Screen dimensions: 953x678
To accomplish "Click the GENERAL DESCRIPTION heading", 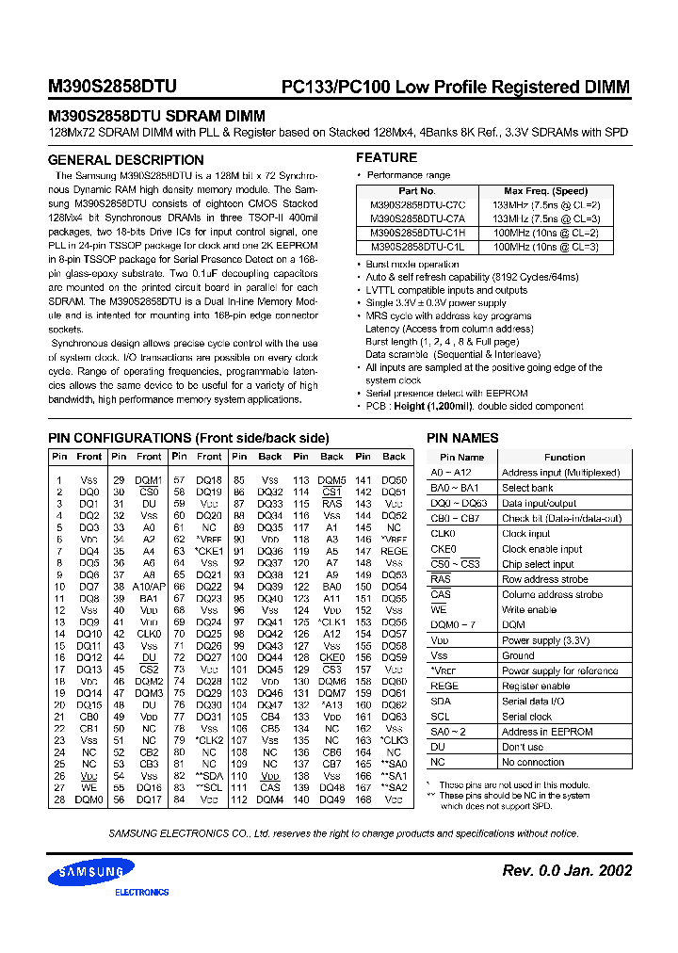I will pyautogui.click(x=125, y=160).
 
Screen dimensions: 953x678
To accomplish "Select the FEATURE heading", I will pyautogui.click(x=386, y=157).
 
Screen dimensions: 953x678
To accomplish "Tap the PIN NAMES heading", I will pyautogui.click(x=462, y=438).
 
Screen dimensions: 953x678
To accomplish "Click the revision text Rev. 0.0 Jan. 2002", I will pyautogui.click(x=567, y=871).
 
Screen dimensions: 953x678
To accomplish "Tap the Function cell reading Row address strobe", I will pyautogui.click(x=544, y=579).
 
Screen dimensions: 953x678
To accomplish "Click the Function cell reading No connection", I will pyautogui.click(x=533, y=762).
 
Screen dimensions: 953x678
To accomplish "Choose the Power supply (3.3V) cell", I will pyautogui.click(x=546, y=640).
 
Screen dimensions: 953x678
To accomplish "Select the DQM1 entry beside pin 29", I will pyautogui.click(x=149, y=480).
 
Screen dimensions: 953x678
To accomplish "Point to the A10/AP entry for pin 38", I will pyautogui.click(x=149, y=587).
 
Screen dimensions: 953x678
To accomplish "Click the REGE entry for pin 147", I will pyautogui.click(x=395, y=552).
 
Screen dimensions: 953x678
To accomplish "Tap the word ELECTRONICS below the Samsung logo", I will pyautogui.click(x=141, y=892).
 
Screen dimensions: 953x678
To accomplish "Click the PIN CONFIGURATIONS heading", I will pyautogui.click(x=188, y=438).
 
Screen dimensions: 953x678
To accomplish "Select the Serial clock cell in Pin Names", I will pyautogui.click(x=526, y=717).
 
